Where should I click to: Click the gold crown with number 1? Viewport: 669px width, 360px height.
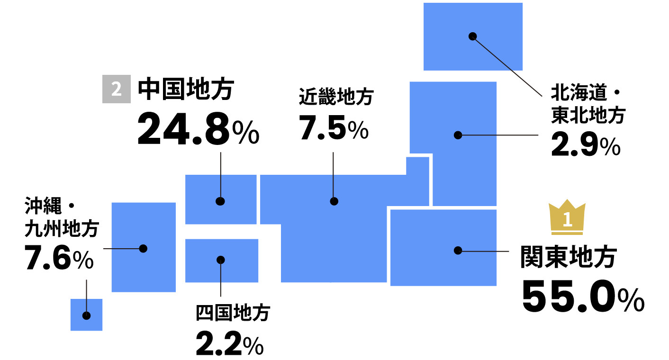(x=567, y=217)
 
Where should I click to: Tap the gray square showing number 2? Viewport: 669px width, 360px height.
(x=117, y=89)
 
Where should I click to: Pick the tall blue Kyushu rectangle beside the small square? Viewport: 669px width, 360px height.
(x=143, y=270)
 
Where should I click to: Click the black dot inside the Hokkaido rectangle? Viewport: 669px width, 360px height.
(x=472, y=36)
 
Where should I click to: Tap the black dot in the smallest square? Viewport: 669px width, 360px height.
(x=86, y=315)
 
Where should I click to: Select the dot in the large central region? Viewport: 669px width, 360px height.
(x=334, y=201)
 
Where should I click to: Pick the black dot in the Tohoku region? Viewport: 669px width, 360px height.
(x=458, y=135)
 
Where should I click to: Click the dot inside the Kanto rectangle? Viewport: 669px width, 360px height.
(x=458, y=251)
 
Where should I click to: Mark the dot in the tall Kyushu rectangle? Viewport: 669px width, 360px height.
(x=143, y=249)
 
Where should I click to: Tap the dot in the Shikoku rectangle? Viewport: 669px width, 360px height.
(x=221, y=260)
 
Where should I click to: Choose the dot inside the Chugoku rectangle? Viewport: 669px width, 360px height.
(x=220, y=201)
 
